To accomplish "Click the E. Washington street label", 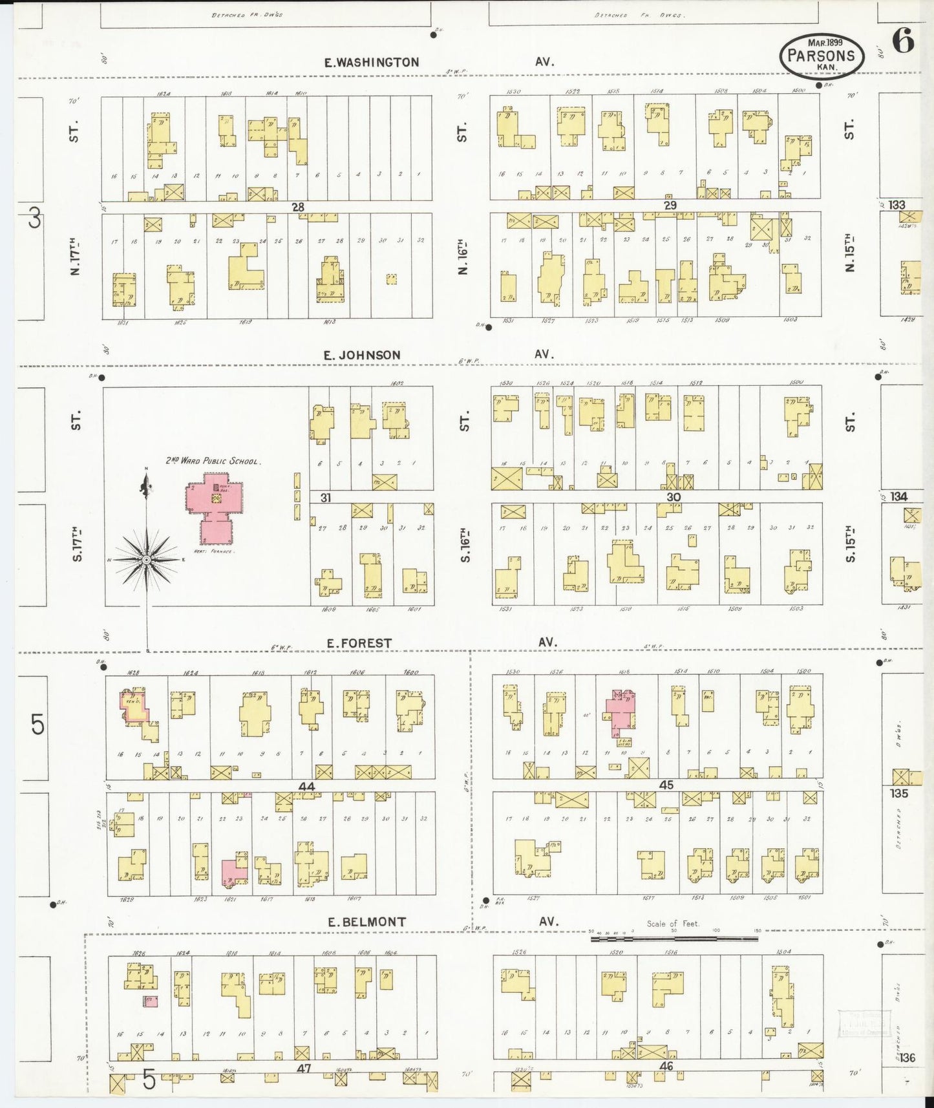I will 372,63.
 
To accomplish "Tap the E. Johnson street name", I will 362,355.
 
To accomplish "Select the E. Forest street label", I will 359,643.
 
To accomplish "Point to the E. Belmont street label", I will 366,922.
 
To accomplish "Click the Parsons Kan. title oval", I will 822,56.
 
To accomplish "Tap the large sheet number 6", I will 903,43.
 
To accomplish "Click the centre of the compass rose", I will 147,559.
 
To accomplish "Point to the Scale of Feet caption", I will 673,924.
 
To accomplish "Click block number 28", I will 297,207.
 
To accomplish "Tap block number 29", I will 670,206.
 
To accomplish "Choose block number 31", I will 325,498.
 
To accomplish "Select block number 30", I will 674,497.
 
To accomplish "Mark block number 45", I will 666,785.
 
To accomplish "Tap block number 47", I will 304,1069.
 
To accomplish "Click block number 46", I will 666,1066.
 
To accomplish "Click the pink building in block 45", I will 620,712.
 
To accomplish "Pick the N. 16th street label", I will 462,257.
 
